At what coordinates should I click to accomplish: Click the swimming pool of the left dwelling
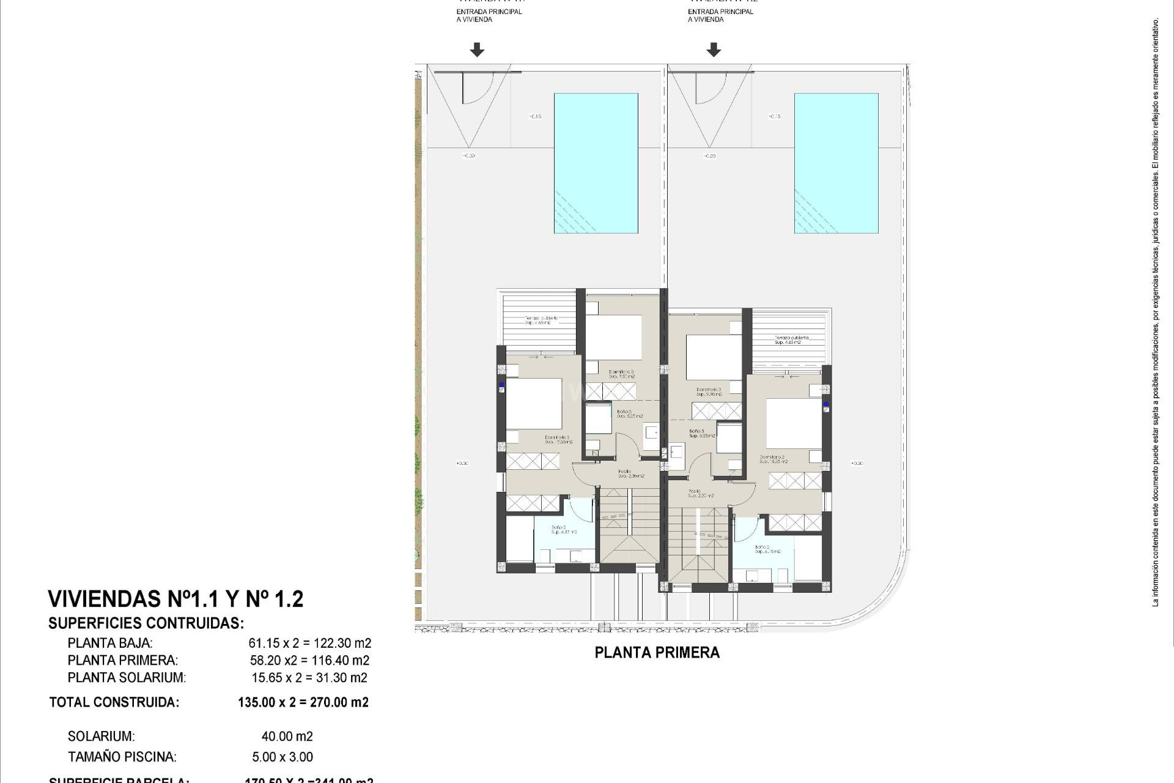[596, 163]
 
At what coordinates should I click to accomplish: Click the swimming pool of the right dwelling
[836, 163]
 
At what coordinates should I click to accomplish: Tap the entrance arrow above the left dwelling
[477, 50]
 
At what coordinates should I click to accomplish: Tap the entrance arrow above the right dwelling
[713, 50]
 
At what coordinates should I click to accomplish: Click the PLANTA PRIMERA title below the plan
[657, 653]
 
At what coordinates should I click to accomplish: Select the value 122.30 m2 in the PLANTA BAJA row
[342, 643]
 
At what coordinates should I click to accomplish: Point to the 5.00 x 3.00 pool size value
[282, 757]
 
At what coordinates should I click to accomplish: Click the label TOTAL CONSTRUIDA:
[114, 702]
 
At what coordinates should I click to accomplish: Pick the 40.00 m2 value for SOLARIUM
[287, 737]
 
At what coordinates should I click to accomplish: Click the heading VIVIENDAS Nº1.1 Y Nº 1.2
[175, 599]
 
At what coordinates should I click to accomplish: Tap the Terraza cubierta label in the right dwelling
[791, 338]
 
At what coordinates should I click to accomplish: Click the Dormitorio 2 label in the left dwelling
[557, 438]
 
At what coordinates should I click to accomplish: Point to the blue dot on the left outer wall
[501, 385]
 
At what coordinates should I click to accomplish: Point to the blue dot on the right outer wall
[825, 404]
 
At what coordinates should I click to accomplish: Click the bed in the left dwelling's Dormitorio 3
[613, 337]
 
